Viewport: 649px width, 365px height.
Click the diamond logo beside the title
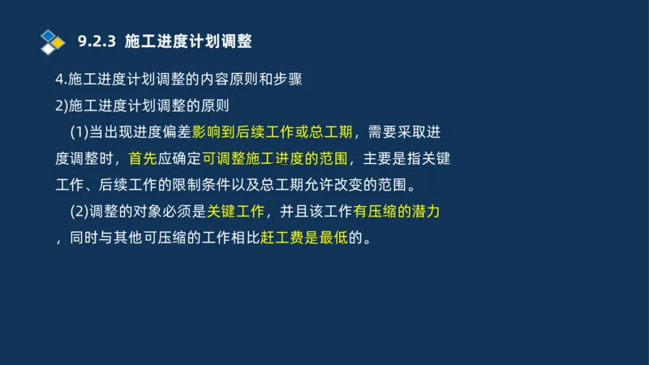(x=52, y=41)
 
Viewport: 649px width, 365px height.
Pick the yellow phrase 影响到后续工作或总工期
(x=272, y=132)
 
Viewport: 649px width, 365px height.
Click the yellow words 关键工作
(x=235, y=213)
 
